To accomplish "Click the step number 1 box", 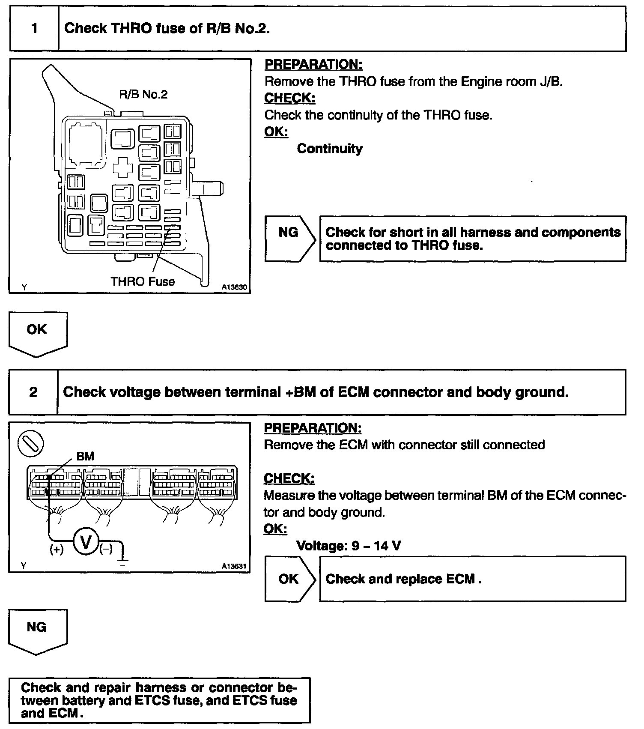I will tap(34, 29).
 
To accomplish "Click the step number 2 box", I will tap(33, 392).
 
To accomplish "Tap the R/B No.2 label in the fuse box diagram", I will tap(143, 95).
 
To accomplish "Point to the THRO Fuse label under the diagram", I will tap(143, 281).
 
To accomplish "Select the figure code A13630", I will tap(234, 287).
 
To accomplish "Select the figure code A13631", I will tap(234, 566).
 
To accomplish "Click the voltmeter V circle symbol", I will tap(86, 543).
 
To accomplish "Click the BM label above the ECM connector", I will tap(85, 457).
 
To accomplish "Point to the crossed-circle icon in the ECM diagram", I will tap(30, 443).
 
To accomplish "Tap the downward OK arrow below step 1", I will tap(38, 334).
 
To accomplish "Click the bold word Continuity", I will tap(329, 149).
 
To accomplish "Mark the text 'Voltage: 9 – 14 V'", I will tap(349, 546).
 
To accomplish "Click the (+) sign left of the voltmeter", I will tap(57, 550).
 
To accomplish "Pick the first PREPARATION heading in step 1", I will tap(313, 65).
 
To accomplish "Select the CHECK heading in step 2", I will tap(289, 478).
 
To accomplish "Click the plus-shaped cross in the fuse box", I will tap(122, 167).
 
